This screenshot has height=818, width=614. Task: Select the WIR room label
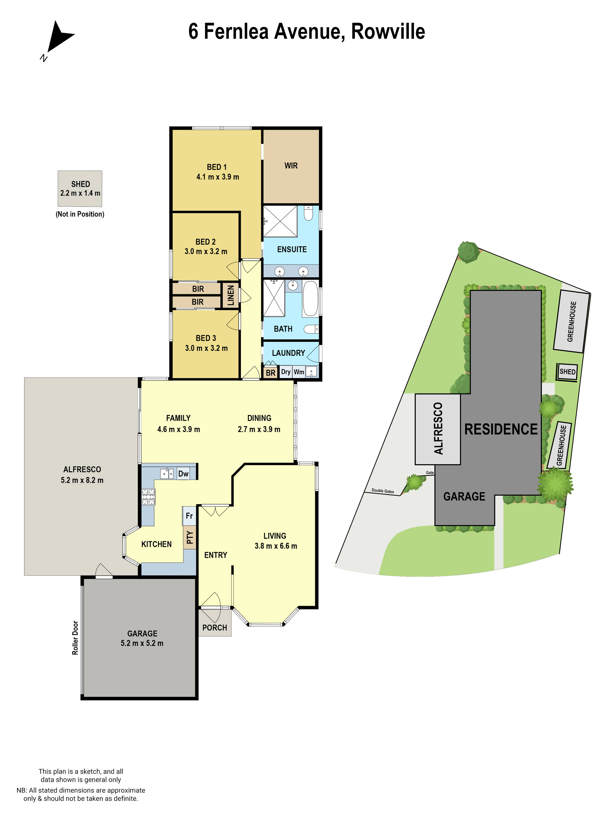pos(291,166)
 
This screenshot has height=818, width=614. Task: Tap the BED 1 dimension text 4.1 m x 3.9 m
pos(218,177)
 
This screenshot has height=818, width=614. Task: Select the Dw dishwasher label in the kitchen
pos(183,474)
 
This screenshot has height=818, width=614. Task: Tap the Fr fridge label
pos(189,516)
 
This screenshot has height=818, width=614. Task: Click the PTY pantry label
pos(190,537)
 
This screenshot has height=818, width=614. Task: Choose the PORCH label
pos(215,628)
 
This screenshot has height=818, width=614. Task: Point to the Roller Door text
pos(75,638)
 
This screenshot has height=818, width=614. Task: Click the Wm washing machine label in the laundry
pos(299,372)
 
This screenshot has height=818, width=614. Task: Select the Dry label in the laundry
pos(286,372)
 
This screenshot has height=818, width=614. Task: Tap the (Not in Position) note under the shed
pos(80,214)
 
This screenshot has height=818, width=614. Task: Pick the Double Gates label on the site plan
pos(383,491)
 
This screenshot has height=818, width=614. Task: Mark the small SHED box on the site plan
pos(567,372)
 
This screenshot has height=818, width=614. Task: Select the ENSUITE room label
pos(292,249)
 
